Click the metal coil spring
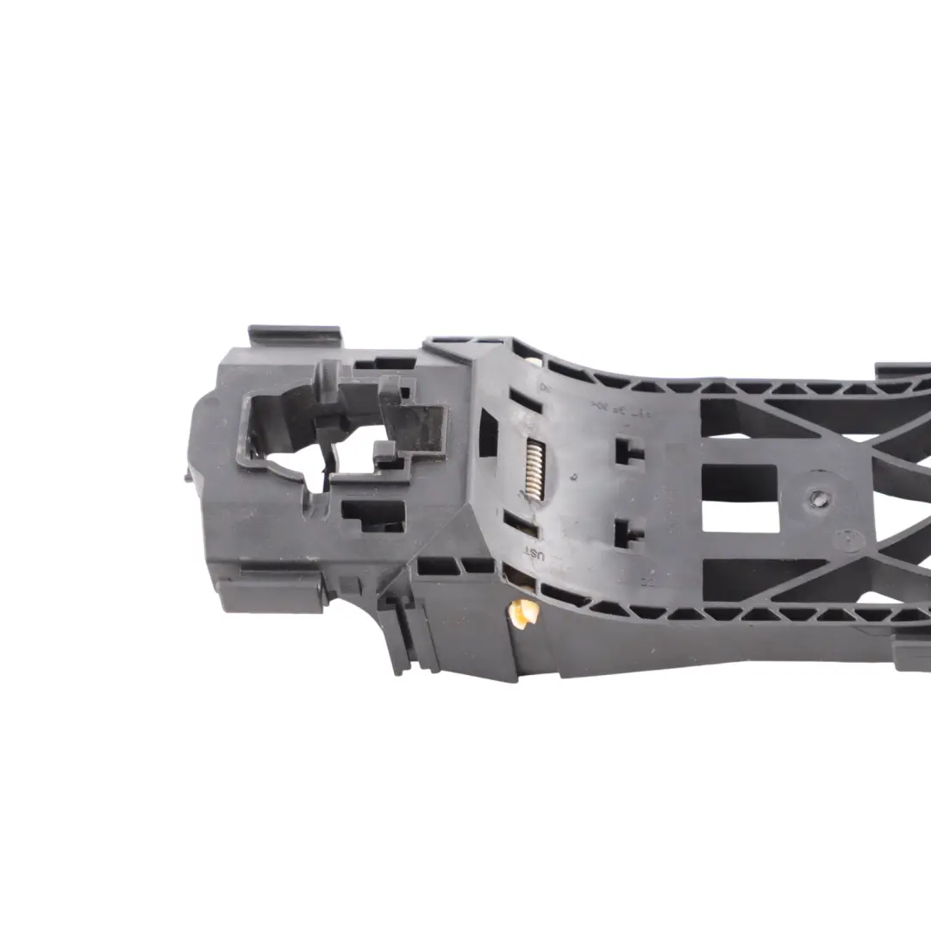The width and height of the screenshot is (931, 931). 534,469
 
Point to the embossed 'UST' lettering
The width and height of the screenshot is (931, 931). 535,557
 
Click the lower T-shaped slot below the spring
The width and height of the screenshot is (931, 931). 628,534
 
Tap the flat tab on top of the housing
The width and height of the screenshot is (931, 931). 295,335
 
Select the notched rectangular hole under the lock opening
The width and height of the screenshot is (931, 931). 372,515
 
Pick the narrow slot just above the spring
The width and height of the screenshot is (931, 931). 525,401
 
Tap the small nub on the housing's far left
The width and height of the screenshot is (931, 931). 190,473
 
